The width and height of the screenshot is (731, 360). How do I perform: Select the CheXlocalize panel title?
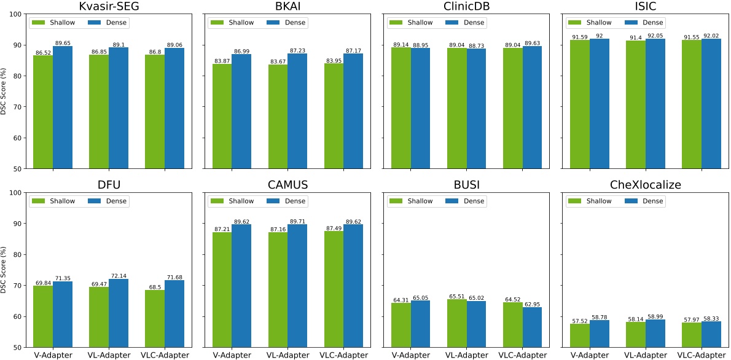pos(646,186)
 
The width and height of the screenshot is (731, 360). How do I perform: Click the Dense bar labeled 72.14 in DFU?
pos(119,313)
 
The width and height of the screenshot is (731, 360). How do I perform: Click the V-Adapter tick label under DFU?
pos(53,354)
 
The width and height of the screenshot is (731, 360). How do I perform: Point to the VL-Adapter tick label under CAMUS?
pos(288,354)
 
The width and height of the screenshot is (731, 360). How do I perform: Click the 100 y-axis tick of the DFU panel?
pos(17,193)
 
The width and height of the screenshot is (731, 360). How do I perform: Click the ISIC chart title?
pos(646,7)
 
